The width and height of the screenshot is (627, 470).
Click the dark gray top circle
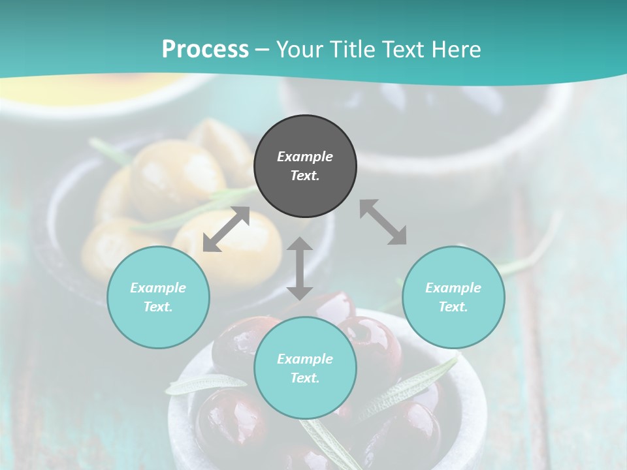tap(305, 166)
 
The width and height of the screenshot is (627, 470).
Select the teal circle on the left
tap(158, 297)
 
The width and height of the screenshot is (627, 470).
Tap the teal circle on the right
tap(453, 297)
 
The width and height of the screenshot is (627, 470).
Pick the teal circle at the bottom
tap(305, 368)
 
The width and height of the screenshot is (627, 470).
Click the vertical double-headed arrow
tap(300, 268)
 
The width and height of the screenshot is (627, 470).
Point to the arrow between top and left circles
tap(226, 229)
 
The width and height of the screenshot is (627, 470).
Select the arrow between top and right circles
tap(383, 222)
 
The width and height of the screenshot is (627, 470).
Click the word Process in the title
tap(205, 49)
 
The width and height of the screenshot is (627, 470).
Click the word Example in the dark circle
tap(305, 157)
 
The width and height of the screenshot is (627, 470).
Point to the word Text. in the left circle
tap(158, 307)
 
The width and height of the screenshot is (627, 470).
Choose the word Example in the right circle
tap(453, 288)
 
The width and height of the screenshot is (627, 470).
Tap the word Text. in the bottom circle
tap(305, 378)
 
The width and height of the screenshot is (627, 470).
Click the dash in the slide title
tap(262, 50)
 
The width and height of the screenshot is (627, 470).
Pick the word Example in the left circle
tap(158, 288)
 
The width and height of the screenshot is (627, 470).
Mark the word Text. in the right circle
tap(453, 307)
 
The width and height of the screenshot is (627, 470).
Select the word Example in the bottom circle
tap(305, 359)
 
